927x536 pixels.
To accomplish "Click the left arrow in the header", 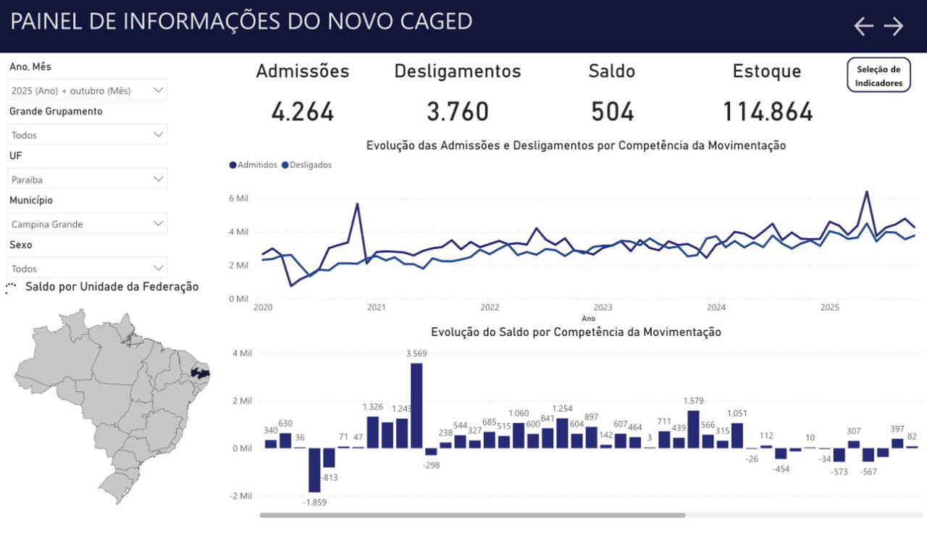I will click(x=863, y=27).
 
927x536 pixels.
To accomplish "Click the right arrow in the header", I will click(x=894, y=27).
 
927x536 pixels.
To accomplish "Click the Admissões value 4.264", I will click(x=303, y=112).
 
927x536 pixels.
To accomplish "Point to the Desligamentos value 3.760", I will click(x=458, y=112).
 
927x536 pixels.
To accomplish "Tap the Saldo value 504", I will click(x=612, y=112).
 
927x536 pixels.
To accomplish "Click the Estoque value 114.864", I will click(x=768, y=112).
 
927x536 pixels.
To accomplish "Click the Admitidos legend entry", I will click(x=253, y=165).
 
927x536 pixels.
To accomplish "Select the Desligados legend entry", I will click(x=307, y=165).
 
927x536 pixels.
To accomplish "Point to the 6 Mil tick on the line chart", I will click(x=239, y=198).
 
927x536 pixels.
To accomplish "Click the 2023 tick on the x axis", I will click(x=603, y=307).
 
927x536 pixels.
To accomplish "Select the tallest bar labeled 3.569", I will click(x=416, y=406).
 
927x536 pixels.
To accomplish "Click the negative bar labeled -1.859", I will click(x=314, y=470).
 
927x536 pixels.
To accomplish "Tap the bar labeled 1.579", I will click(x=693, y=430).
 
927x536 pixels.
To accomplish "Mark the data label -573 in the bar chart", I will click(x=840, y=472).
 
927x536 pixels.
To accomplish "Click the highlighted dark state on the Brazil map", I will click(x=199, y=374).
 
